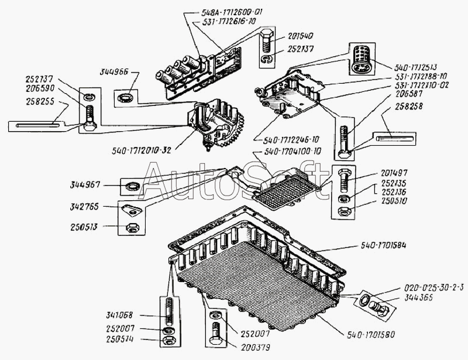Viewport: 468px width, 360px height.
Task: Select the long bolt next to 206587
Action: tap(343, 140)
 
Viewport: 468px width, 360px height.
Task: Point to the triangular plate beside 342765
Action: tap(132, 209)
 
